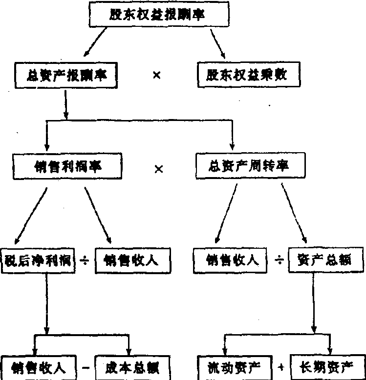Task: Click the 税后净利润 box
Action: (x=38, y=261)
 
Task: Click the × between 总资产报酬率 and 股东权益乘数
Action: (x=156, y=76)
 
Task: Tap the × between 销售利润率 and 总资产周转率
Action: (x=158, y=169)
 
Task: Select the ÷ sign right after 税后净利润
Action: (x=84, y=261)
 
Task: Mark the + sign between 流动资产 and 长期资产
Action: (x=281, y=366)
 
